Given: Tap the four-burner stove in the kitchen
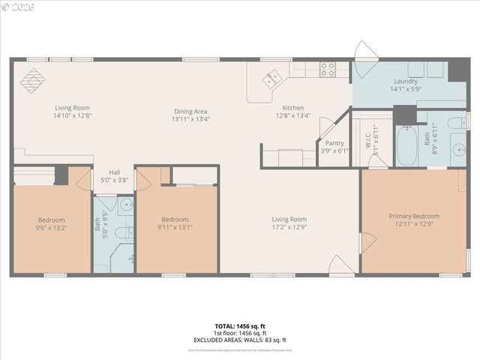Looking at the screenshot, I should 327,69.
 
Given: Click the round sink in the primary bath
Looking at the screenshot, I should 457,149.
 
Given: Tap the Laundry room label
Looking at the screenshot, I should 405,81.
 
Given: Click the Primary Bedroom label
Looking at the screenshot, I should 414,216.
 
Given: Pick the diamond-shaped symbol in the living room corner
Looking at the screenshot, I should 32,77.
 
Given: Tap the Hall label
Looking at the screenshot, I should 114,172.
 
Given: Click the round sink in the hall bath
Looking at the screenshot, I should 126,204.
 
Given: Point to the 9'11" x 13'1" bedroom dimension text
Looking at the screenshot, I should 175,227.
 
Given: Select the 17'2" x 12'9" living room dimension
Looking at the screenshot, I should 289,227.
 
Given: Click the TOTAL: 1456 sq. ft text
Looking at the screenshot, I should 241,326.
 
